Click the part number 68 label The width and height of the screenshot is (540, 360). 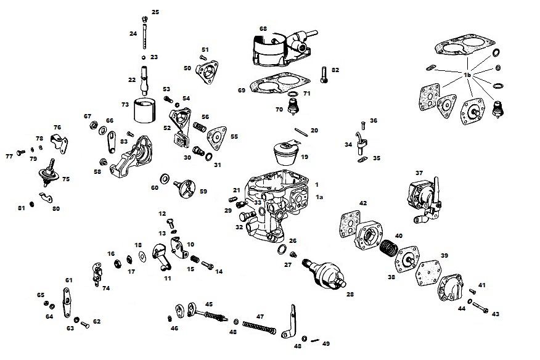tap(263, 29)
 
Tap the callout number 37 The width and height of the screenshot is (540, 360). tap(419, 173)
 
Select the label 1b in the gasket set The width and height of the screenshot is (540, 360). tap(468, 75)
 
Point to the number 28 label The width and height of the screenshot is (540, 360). tap(350, 295)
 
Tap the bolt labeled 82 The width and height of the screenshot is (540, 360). tap(324, 75)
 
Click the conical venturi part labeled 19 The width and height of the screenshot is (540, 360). tap(285, 152)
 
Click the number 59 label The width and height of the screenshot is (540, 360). tap(203, 191)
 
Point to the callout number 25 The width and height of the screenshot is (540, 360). tap(155, 12)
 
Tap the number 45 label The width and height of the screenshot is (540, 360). tap(209, 304)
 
